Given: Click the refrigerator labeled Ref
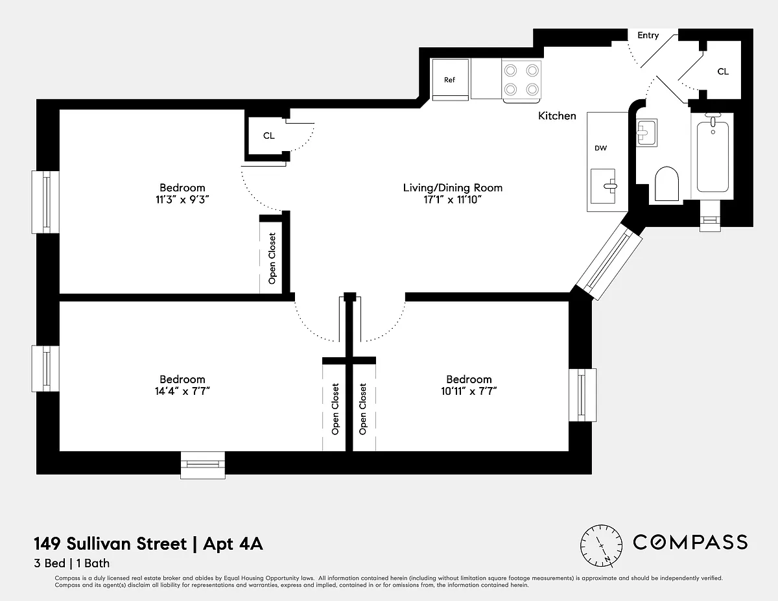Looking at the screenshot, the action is click(450, 80).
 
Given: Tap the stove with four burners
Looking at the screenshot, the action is click(521, 80).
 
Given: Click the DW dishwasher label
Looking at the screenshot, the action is click(600, 148).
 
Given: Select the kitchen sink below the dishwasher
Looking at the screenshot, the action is click(604, 186).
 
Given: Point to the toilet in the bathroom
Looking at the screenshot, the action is click(666, 183).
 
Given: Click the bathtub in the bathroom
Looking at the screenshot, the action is click(713, 155).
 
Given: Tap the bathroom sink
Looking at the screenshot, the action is click(646, 133).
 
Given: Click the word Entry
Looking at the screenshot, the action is click(648, 36).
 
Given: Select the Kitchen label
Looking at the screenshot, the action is click(557, 115).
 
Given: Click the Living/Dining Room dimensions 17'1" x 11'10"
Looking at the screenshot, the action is click(453, 200).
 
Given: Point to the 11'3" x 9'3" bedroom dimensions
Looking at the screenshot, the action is click(182, 200).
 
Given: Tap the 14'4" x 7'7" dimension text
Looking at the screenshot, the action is click(182, 391).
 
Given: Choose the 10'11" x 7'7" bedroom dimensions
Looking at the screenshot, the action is click(469, 391).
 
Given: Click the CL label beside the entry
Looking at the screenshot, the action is click(723, 71).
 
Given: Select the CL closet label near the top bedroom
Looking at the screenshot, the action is click(269, 136).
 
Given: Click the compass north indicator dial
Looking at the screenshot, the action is click(601, 546).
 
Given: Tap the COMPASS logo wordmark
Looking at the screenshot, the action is click(690, 542).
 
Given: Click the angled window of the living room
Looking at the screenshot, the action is click(609, 262).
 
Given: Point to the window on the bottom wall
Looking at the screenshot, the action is click(203, 465).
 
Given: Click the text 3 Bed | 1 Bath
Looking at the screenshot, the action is click(71, 563).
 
